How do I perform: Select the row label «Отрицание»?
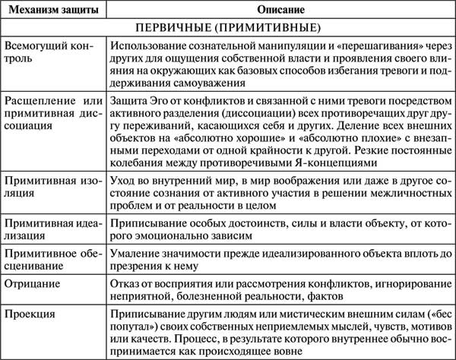click(31, 283)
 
